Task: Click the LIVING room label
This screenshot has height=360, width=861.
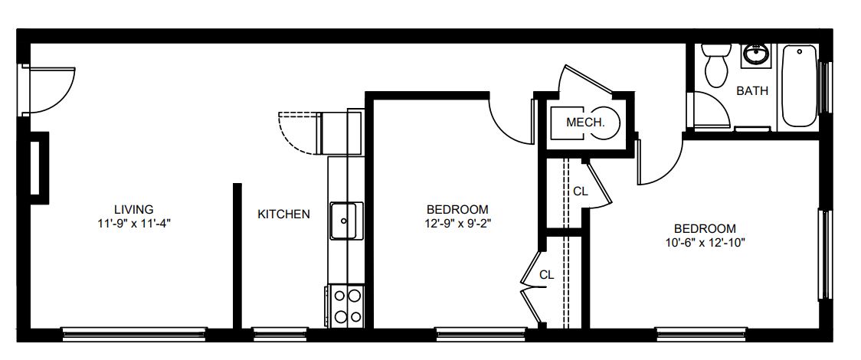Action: [133, 209]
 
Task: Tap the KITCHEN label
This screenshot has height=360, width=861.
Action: [284, 214]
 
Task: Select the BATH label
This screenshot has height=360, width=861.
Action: [752, 91]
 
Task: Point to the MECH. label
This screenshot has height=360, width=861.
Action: [585, 123]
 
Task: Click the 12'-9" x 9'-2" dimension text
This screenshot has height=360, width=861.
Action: [457, 224]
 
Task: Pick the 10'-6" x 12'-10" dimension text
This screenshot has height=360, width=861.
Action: [705, 242]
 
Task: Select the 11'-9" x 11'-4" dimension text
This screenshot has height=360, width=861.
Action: [133, 224]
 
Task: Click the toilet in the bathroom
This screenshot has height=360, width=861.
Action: [716, 65]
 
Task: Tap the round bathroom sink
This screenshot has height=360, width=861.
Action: [755, 55]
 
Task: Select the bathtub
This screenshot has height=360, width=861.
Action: [800, 86]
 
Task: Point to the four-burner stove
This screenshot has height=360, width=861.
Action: [346, 306]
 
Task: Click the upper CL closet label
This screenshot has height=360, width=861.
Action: [581, 191]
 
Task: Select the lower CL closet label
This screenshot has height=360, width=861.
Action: [546, 275]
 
